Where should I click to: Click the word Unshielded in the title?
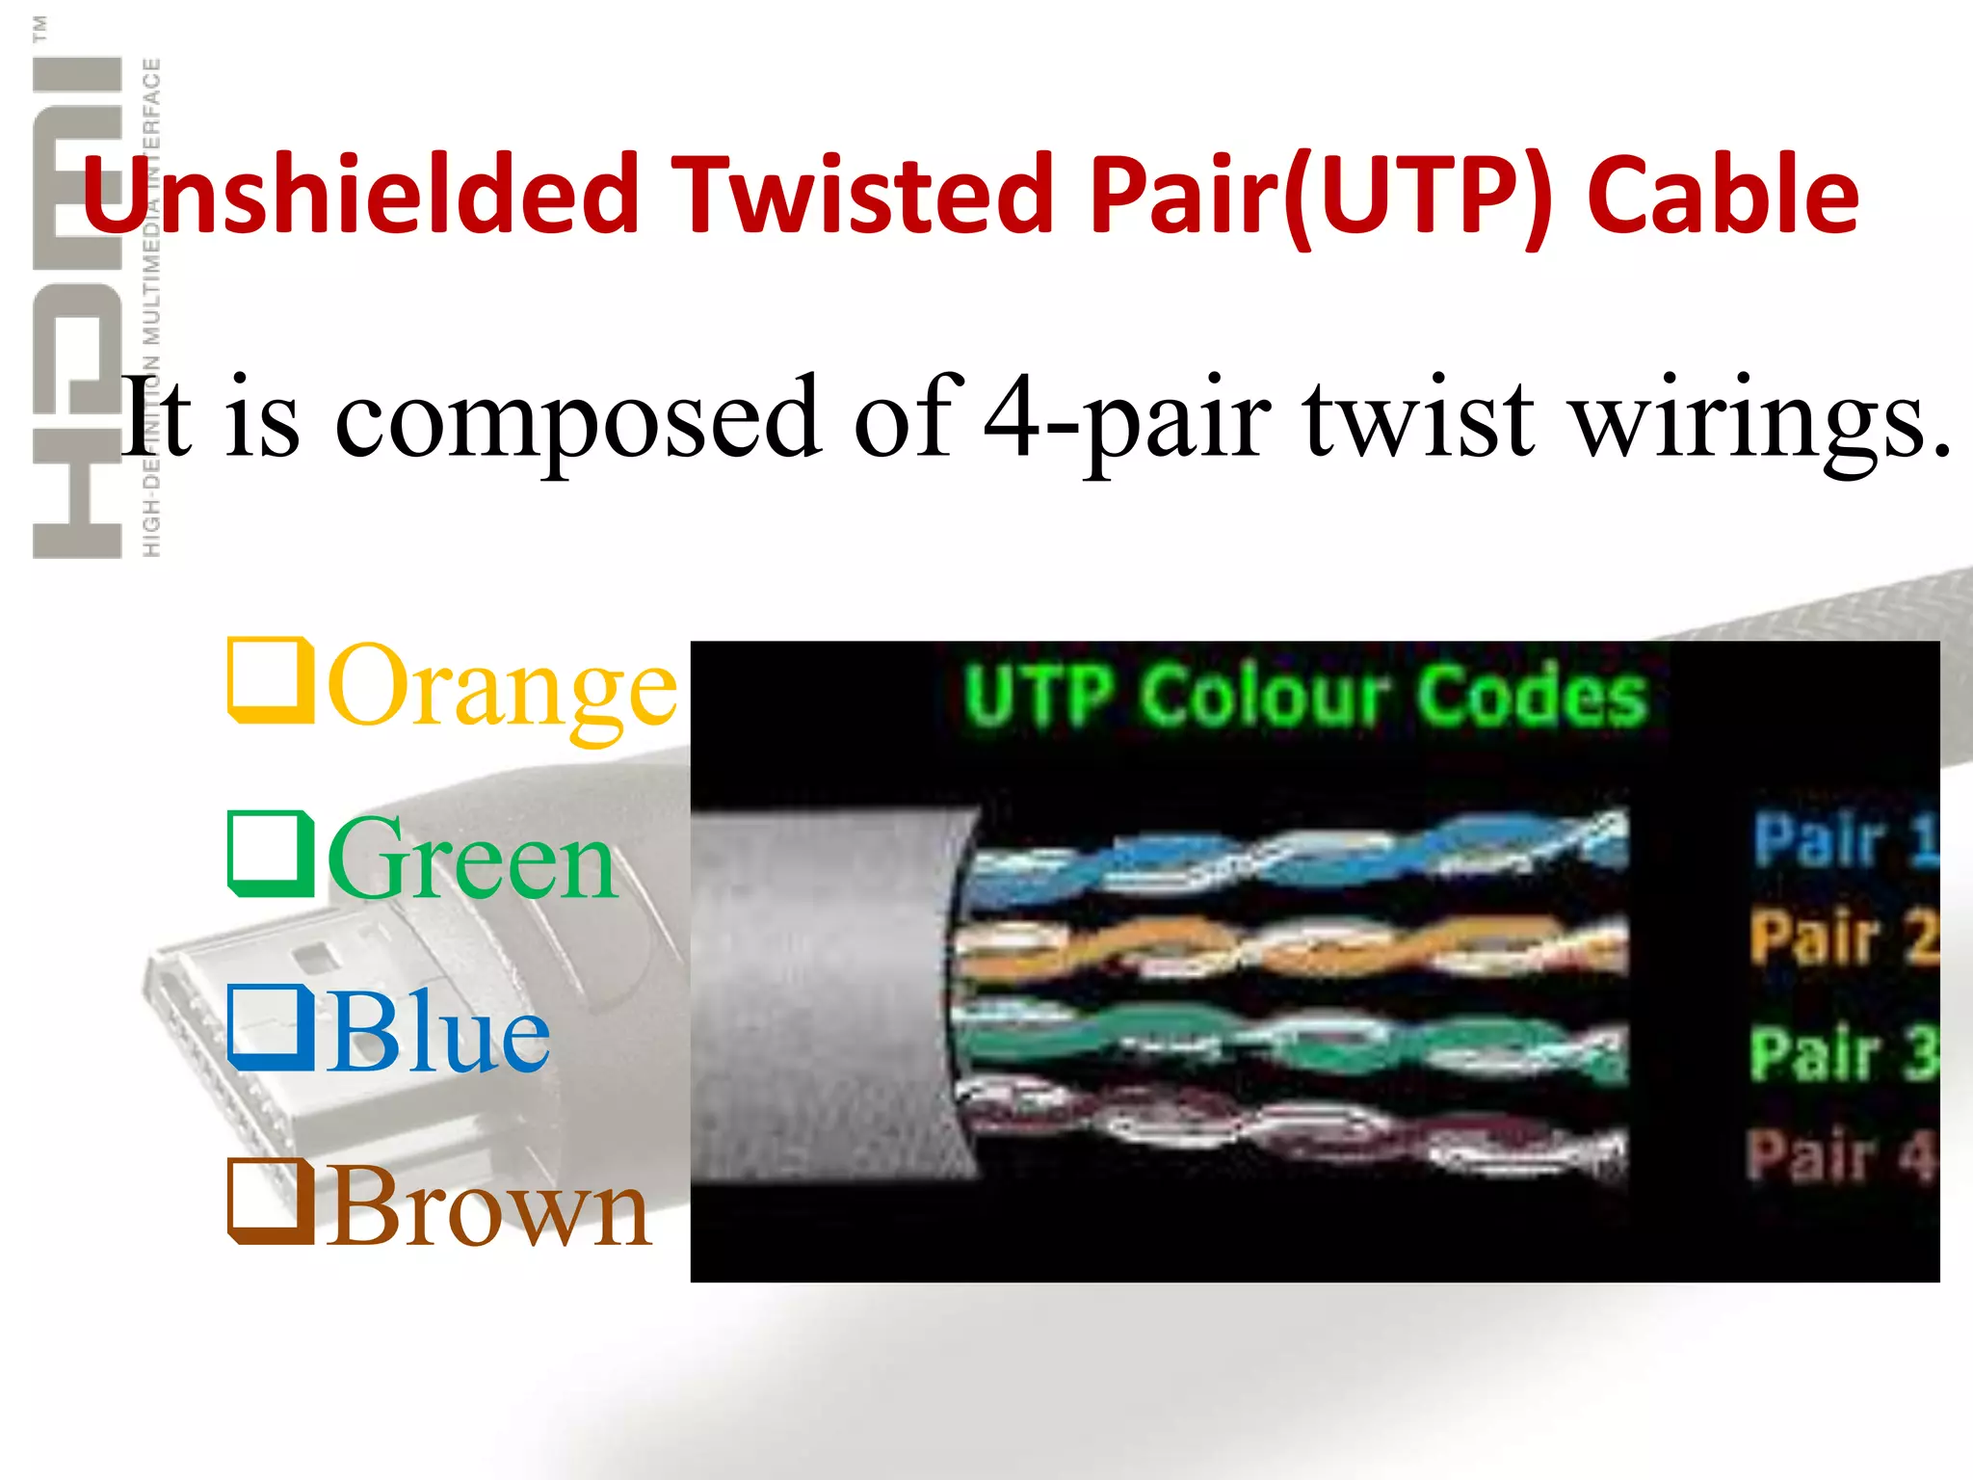(x=361, y=196)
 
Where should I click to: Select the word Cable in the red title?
(x=1723, y=196)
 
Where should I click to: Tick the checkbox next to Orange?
(x=270, y=680)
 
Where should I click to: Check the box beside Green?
(x=270, y=854)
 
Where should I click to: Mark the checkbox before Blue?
(x=270, y=1027)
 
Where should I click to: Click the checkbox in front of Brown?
(x=270, y=1201)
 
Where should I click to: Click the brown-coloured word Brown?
(x=489, y=1206)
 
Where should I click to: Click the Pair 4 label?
(x=1840, y=1154)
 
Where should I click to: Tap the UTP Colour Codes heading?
(x=1305, y=696)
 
